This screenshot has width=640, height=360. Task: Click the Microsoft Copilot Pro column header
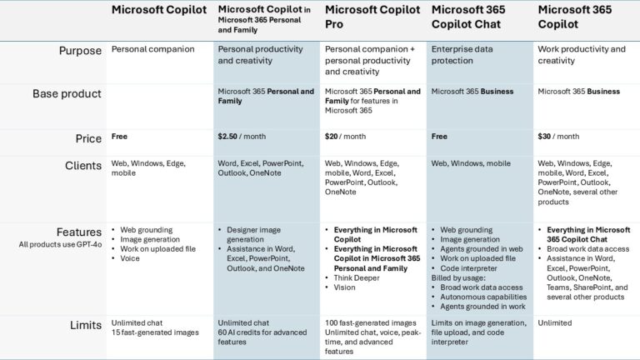click(370, 17)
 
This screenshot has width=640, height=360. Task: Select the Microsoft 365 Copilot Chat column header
click(472, 17)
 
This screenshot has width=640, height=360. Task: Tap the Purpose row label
click(80, 50)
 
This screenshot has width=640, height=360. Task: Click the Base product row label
click(67, 94)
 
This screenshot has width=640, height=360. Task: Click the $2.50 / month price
click(242, 136)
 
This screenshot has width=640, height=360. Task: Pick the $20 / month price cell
click(345, 136)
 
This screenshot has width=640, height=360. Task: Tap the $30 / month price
click(558, 136)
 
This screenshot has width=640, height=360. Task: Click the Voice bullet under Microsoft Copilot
click(130, 258)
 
